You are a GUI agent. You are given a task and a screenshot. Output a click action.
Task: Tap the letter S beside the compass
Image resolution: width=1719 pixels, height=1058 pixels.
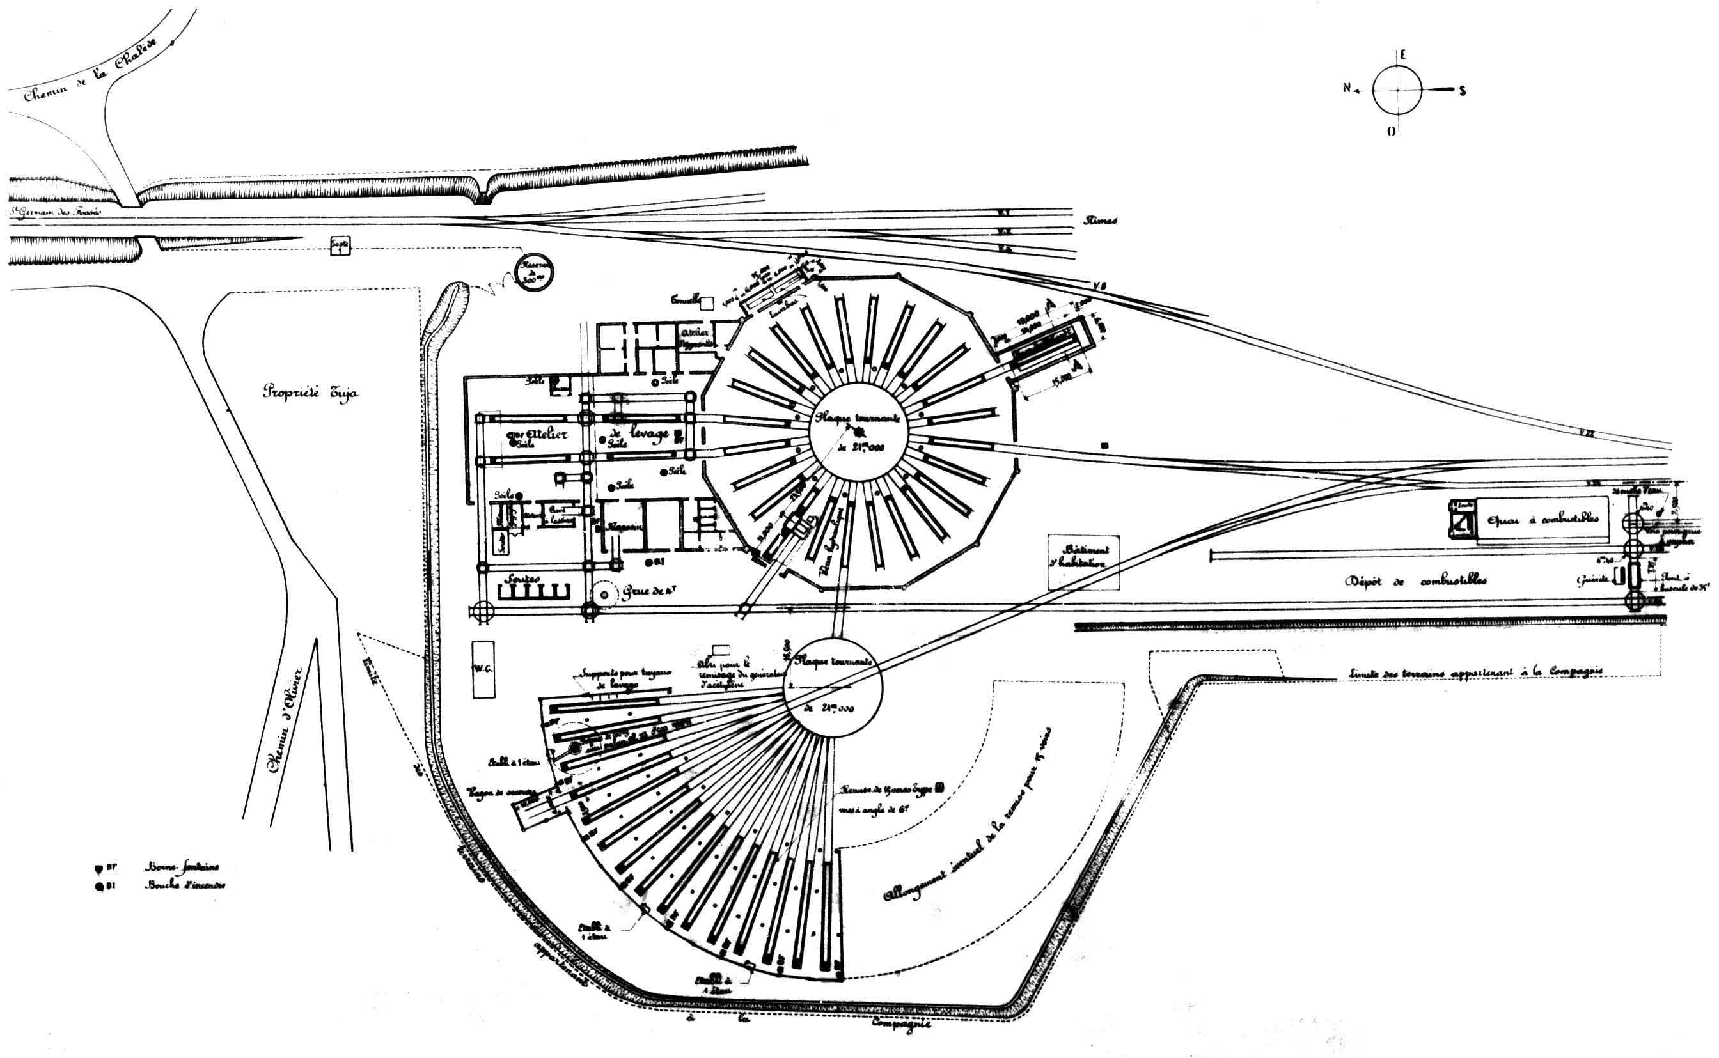click(x=1462, y=90)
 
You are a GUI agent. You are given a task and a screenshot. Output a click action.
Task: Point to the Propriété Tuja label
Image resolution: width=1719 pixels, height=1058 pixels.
click(x=310, y=392)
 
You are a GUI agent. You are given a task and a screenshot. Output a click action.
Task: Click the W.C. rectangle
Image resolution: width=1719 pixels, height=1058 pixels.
click(x=483, y=669)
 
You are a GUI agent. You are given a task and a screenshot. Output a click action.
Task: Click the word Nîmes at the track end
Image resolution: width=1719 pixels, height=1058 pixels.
click(x=1100, y=221)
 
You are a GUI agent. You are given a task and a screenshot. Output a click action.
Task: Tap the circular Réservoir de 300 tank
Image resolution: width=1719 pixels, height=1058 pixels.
click(x=534, y=272)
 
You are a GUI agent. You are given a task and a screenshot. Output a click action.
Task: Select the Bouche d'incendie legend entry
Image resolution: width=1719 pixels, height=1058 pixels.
click(x=184, y=885)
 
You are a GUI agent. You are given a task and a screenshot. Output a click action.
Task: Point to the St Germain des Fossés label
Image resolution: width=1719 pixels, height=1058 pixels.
click(x=55, y=210)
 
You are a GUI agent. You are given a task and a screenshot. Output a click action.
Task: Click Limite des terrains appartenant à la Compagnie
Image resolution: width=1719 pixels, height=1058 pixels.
click(x=1475, y=672)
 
